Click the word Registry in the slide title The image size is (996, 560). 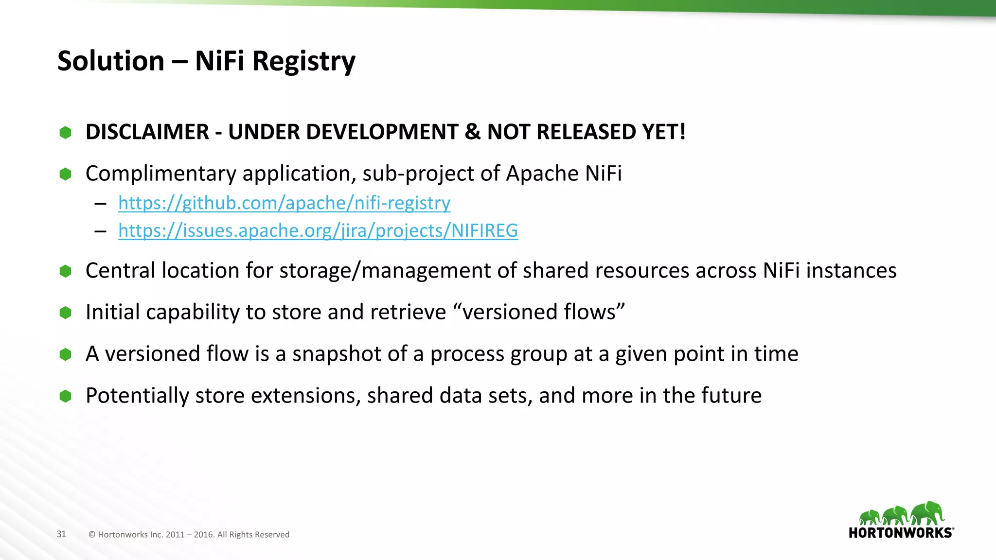(x=303, y=62)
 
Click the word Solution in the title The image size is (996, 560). (x=111, y=61)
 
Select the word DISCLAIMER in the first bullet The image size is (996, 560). (x=147, y=132)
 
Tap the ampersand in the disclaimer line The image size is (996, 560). (x=472, y=132)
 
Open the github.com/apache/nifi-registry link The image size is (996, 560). (x=284, y=203)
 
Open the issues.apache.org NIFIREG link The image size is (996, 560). (x=318, y=230)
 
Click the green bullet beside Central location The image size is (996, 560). (x=65, y=271)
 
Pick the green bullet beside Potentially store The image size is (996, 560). (x=65, y=396)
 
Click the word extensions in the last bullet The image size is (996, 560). (x=305, y=396)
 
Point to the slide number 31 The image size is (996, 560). (x=61, y=534)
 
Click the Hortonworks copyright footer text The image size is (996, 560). (x=189, y=535)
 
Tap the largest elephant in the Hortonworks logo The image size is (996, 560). (x=927, y=513)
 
